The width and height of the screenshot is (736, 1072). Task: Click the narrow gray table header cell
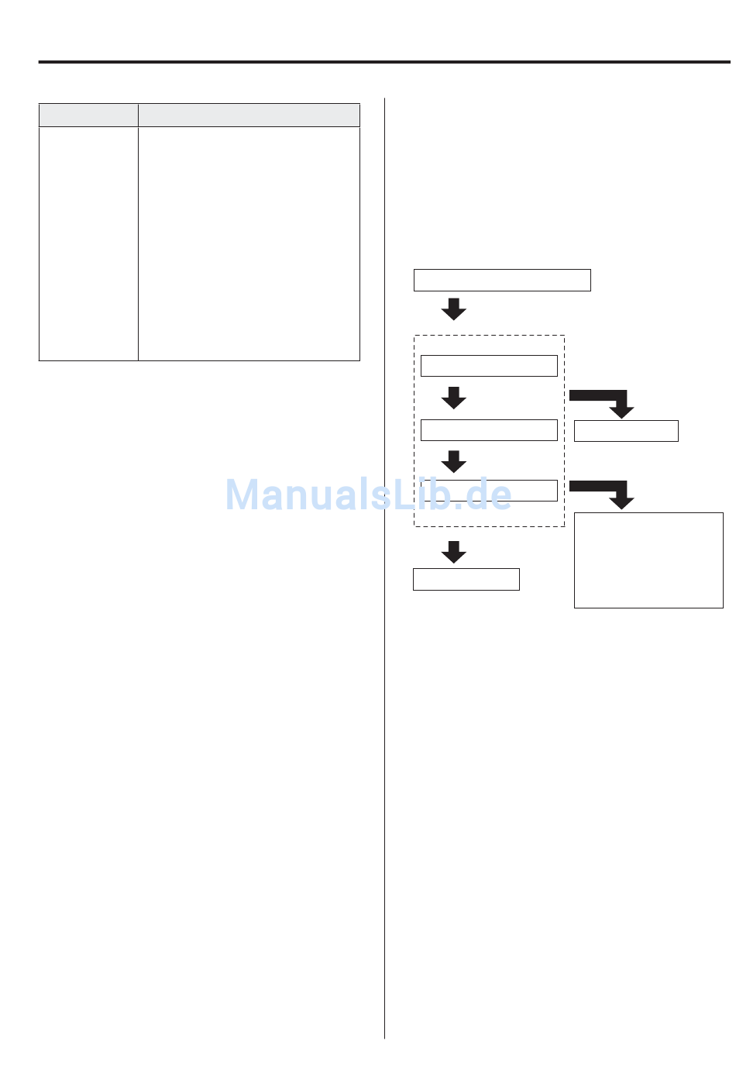88,115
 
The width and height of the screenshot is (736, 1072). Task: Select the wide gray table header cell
249,115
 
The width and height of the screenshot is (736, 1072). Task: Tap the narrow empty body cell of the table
88,244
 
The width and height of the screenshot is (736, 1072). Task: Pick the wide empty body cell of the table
249,244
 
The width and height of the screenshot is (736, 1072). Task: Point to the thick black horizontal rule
384,62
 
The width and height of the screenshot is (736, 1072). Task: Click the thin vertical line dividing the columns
384,568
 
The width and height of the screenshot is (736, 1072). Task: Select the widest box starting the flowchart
502,280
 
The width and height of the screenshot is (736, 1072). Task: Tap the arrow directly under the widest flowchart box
454,309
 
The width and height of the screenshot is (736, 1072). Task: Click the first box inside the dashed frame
489,366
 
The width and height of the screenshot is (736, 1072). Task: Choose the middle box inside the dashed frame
489,429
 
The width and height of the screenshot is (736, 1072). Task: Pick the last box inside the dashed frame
489,491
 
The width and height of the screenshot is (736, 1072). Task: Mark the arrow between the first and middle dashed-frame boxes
454,398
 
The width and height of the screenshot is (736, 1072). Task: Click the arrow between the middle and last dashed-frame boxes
454,461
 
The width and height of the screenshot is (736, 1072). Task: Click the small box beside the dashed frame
626,431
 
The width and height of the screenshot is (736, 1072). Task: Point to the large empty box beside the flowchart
648,560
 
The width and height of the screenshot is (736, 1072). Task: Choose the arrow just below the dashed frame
454,552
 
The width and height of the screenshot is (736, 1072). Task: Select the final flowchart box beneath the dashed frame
466,579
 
